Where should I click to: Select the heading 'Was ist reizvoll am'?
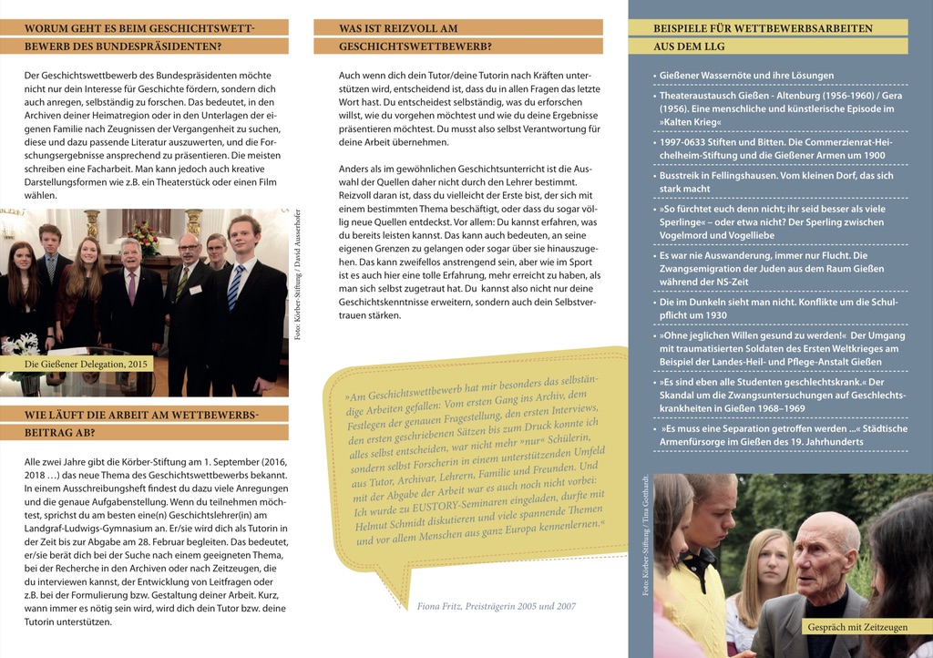tap(398, 28)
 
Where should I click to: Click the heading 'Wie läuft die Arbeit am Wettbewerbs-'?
tap(142, 415)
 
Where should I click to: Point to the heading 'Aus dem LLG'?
tap(688, 46)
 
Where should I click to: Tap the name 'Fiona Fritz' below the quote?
tap(442, 606)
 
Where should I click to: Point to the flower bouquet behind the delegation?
tap(143, 237)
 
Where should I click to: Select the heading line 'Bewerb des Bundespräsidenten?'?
tap(122, 46)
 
